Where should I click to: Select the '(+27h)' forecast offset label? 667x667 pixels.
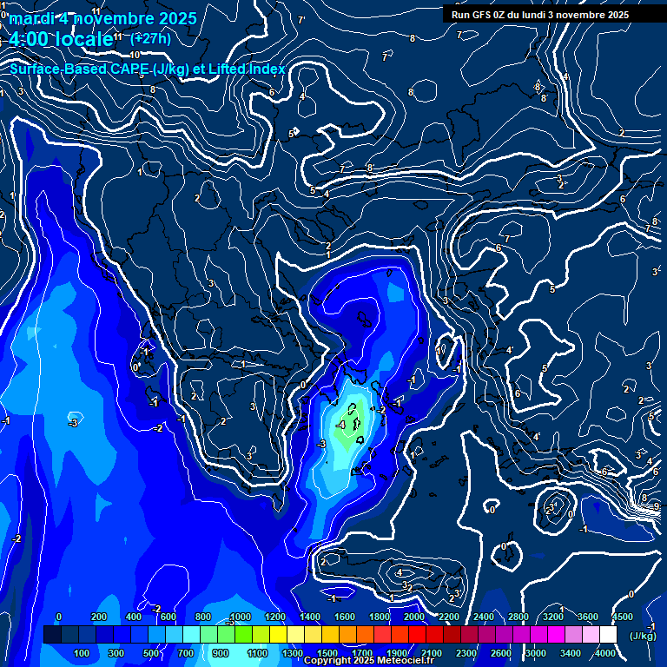point(150,38)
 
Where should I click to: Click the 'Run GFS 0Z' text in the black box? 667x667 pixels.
point(481,15)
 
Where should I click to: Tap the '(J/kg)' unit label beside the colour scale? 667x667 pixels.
point(642,636)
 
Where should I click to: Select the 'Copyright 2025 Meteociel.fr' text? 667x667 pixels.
point(369,661)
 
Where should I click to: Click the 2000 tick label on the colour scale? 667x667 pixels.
point(415,617)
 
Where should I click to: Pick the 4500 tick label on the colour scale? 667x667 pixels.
point(622,617)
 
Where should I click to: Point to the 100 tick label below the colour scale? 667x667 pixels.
point(83,653)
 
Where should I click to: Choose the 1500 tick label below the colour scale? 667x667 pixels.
point(327,653)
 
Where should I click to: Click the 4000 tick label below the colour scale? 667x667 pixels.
point(606,653)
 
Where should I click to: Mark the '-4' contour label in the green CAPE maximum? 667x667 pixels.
point(341,425)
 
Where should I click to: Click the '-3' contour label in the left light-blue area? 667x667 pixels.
point(74,423)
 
